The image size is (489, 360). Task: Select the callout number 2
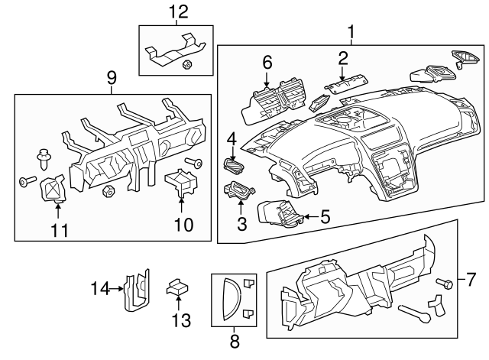343,57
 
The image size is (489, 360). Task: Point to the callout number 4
232,138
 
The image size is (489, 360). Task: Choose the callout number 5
325,217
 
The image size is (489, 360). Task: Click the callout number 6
267,61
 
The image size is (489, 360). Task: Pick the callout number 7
471,276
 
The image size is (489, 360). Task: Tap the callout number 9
112,77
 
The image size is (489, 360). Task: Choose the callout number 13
179,319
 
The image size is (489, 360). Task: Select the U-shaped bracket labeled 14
137,290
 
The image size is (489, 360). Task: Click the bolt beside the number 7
442,284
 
